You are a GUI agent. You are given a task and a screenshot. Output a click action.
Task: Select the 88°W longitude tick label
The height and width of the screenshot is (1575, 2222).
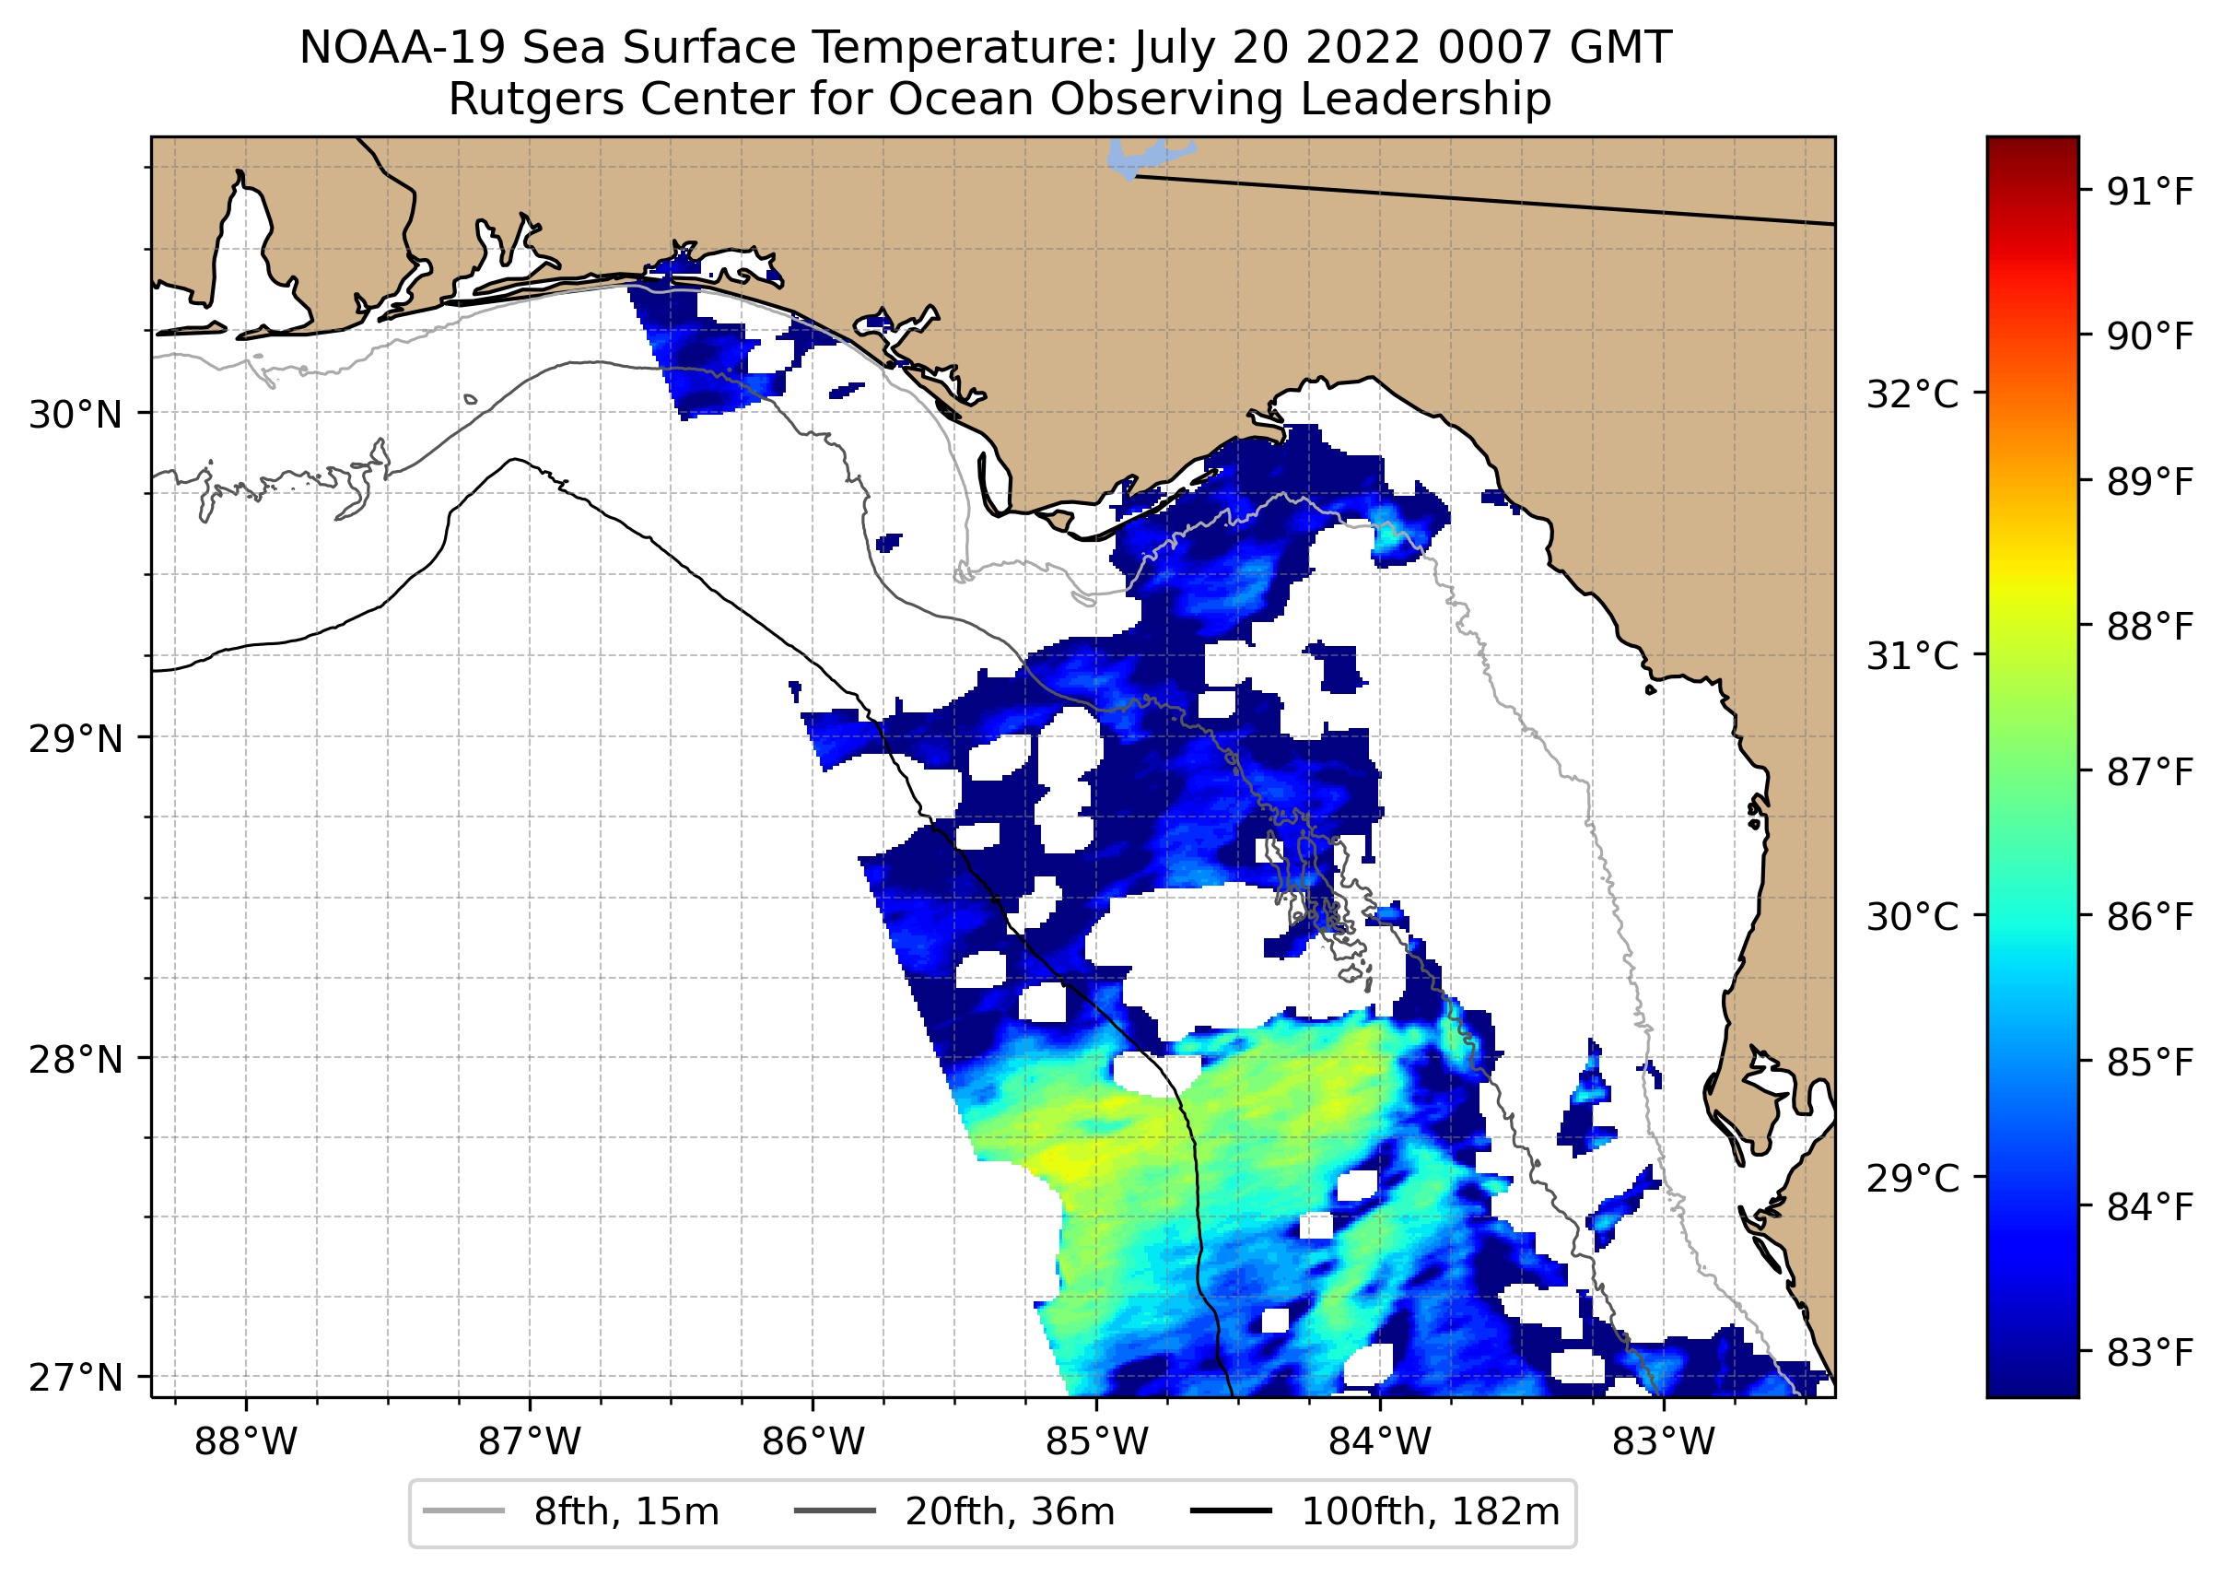point(245,1442)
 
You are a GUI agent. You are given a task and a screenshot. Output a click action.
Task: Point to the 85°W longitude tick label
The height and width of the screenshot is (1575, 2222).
point(1096,1442)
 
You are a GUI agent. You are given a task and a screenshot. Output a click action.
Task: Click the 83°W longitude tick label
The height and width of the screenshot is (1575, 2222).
point(1664,1442)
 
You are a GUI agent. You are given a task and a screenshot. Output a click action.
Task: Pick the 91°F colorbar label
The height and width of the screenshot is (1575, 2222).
point(2150,193)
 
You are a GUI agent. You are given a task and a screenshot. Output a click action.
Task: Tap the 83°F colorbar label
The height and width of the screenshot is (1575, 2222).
point(2150,1352)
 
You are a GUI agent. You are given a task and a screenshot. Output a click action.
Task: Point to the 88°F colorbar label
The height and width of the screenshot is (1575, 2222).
point(2150,628)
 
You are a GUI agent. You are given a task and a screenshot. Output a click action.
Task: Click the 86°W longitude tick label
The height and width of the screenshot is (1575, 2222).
point(813,1442)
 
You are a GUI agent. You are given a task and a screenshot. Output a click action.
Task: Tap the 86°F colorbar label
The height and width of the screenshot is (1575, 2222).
point(2150,916)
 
